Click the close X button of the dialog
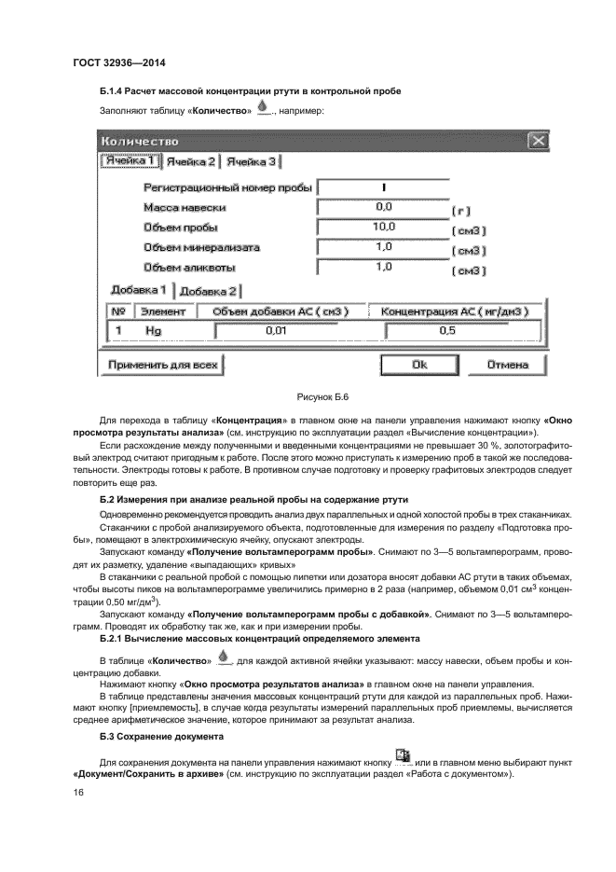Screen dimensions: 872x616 click(537, 141)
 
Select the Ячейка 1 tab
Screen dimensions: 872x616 click(130, 161)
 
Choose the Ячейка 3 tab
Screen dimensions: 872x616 click(253, 162)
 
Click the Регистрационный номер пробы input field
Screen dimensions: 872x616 click(383, 187)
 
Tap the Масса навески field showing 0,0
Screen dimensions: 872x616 click(383, 206)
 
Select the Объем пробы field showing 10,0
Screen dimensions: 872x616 click(383, 227)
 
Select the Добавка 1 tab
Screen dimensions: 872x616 click(138, 290)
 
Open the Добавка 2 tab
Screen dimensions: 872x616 click(209, 291)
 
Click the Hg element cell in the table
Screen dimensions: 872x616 click(153, 330)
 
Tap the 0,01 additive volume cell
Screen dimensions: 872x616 click(275, 330)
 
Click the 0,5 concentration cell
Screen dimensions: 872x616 click(447, 330)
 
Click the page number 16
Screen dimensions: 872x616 click(79, 792)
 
